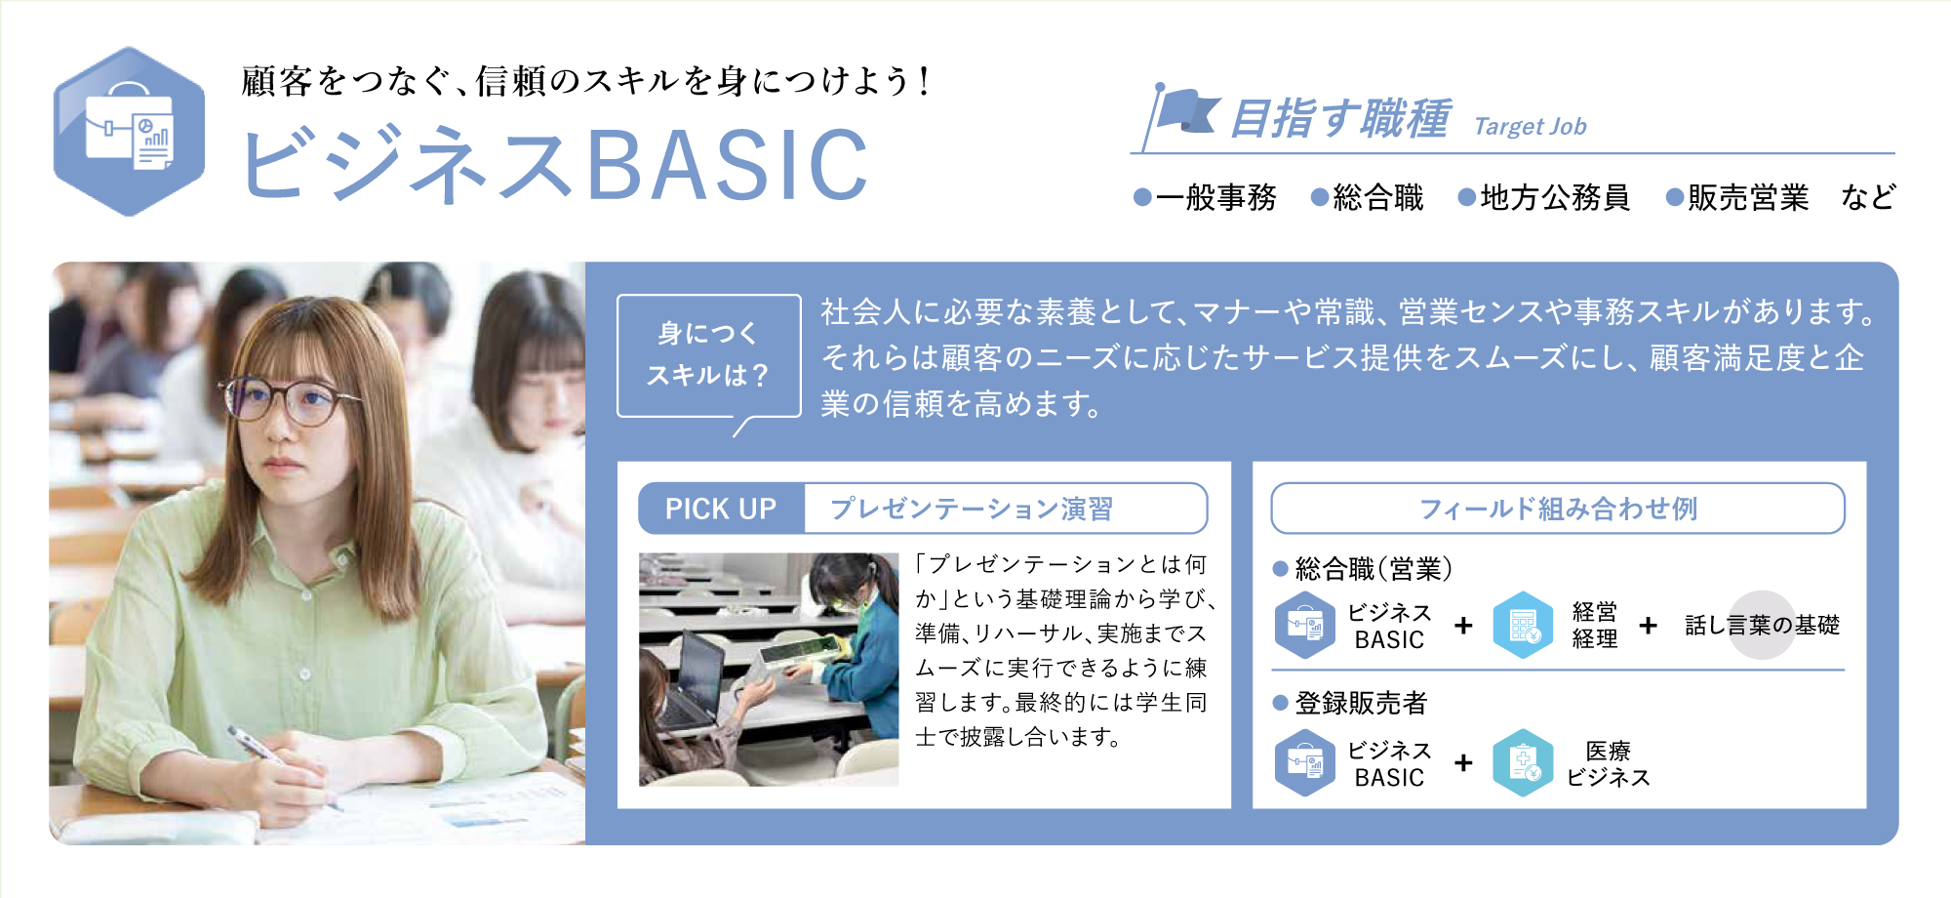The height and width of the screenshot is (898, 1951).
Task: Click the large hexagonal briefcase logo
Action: pos(129,132)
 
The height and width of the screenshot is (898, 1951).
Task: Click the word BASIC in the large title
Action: pos(727,165)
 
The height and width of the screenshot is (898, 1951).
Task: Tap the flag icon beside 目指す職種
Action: pos(1182,115)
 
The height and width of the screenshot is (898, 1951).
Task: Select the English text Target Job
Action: pos(1530,126)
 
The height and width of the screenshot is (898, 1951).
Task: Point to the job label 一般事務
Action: pos(1216,197)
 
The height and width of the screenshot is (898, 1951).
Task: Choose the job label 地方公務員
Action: pos(1555,197)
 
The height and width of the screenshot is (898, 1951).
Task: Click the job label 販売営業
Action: pos(1748,197)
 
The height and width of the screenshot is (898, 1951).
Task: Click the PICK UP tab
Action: pos(721,509)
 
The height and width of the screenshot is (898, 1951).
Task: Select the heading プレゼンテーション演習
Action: pos(972,509)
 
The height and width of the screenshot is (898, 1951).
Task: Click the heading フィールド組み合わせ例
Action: pos(1558,509)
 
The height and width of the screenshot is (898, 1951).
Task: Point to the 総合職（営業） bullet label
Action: pos(1374,569)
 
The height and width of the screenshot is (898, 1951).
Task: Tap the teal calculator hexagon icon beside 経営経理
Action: pos(1523,626)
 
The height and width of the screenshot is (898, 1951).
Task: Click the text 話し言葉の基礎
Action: pos(1762,625)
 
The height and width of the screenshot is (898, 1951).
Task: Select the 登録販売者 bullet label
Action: pos(1361,703)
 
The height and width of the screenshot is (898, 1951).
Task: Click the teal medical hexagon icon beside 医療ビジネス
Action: pos(1523,763)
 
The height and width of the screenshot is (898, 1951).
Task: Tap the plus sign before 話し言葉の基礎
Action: pos(1649,625)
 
